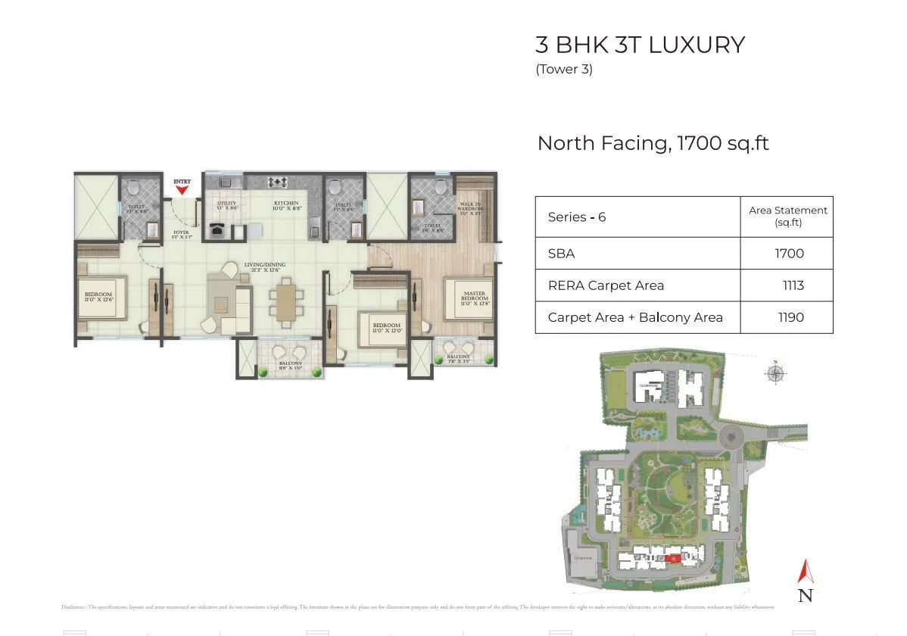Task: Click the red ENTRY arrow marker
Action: click(x=182, y=190)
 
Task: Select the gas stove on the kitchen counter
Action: click(x=278, y=182)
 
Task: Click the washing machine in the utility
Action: click(x=218, y=232)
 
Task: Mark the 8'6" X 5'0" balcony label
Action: click(x=290, y=366)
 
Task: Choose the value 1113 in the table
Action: click(x=793, y=285)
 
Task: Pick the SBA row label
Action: click(x=561, y=254)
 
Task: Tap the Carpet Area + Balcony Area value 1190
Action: click(x=790, y=317)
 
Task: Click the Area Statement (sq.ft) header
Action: click(x=787, y=216)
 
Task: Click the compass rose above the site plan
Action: click(x=775, y=373)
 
